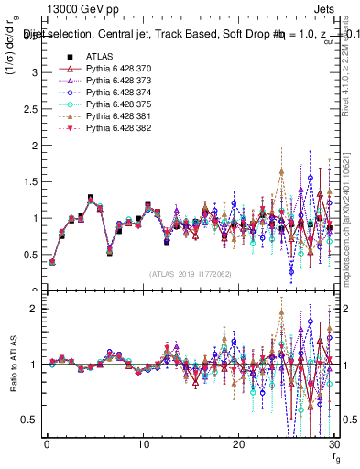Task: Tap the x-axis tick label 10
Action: [x=142, y=443]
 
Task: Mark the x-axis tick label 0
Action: [x=47, y=443]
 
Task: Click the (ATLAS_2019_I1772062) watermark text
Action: [x=190, y=273]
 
